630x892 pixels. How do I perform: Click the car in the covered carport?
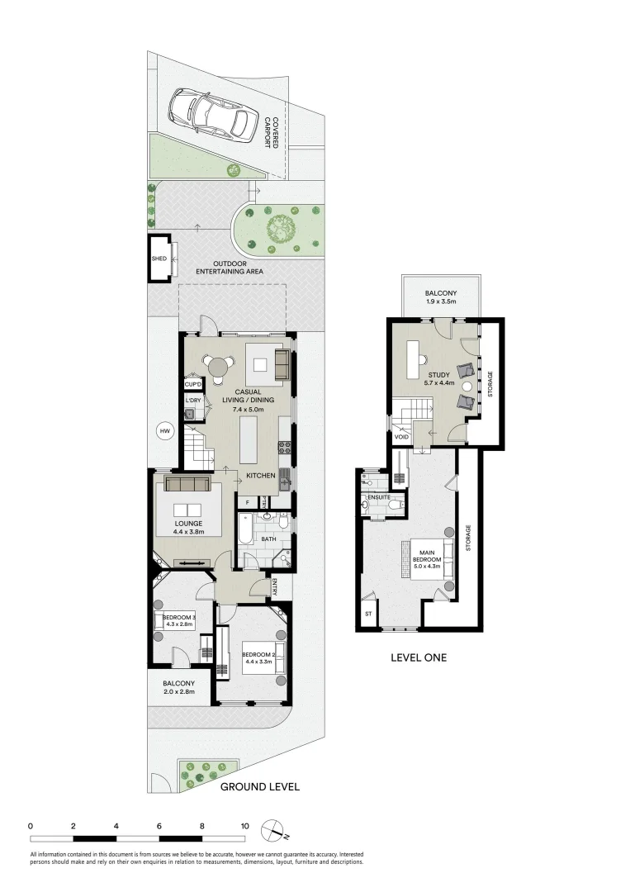(209, 116)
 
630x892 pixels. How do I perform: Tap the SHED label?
(159, 259)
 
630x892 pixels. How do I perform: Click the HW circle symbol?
(164, 430)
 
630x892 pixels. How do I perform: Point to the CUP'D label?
(193, 384)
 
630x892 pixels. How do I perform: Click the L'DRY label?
(193, 401)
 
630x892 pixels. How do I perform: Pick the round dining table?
(217, 364)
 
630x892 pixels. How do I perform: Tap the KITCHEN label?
(261, 476)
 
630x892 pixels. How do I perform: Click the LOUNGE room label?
(188, 523)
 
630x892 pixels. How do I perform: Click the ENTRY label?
(275, 588)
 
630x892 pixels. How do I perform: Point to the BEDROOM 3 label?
(179, 617)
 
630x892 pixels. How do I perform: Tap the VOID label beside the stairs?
(400, 437)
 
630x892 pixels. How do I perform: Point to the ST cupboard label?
(368, 614)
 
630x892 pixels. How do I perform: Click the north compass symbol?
(272, 829)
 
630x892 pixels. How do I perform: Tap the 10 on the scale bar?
(244, 826)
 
